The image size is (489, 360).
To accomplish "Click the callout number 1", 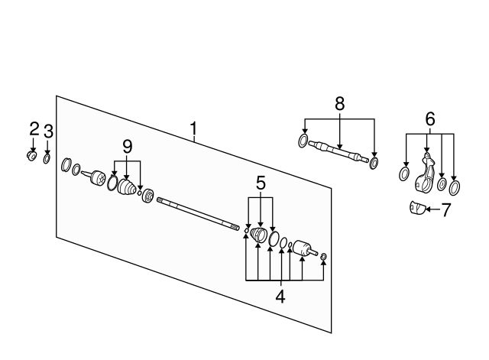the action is (193, 128).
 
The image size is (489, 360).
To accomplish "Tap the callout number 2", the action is (34, 129).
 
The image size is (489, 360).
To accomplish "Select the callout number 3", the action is (48, 131).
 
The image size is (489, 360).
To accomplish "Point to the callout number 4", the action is (280, 297).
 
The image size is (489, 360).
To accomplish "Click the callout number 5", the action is (261, 183).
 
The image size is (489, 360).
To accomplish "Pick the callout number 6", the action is (430, 119).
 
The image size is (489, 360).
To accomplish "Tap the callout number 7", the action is (446, 209).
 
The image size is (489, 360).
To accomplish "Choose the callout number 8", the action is (339, 104).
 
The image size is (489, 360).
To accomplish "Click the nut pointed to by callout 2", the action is (31, 155).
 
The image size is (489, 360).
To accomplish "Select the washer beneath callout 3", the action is (47, 158).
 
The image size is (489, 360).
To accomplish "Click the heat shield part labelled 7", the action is (417, 207).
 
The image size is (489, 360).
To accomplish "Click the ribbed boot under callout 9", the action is (127, 187).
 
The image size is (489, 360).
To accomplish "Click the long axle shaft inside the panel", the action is (198, 214).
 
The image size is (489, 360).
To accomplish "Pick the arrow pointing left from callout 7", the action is (433, 209).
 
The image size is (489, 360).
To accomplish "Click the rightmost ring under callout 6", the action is (455, 188).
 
